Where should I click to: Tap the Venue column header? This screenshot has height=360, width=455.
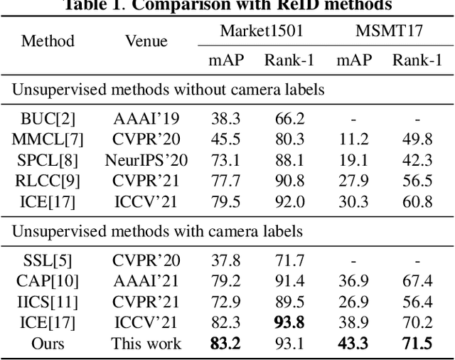coord(146,41)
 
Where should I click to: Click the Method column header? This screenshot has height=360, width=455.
coord(48,41)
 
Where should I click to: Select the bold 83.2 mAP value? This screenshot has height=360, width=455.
coord(226,344)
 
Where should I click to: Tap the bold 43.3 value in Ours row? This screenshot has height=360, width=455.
coord(353,344)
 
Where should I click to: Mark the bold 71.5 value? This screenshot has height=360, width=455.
coord(417,344)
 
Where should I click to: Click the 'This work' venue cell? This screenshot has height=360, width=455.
coord(146,344)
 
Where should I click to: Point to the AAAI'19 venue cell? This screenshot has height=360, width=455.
coord(146,119)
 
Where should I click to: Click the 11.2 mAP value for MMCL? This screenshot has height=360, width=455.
coord(353,139)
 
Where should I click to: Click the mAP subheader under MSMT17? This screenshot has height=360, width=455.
coord(353,60)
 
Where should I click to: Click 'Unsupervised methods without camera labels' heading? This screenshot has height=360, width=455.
coord(168,90)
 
